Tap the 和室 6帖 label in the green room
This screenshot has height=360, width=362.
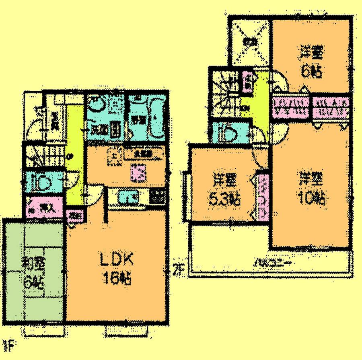pyautogui.click(x=34, y=272)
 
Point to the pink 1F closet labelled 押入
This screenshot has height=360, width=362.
pyautogui.click(x=45, y=208)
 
